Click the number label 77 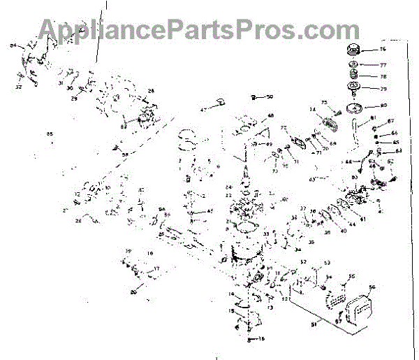click(383, 65)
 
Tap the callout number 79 click(383, 88)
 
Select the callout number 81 click(373, 117)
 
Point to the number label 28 click(150, 91)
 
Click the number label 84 click(13, 45)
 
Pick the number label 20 click(133, 293)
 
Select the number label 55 click(351, 277)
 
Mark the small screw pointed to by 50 click(255, 97)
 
